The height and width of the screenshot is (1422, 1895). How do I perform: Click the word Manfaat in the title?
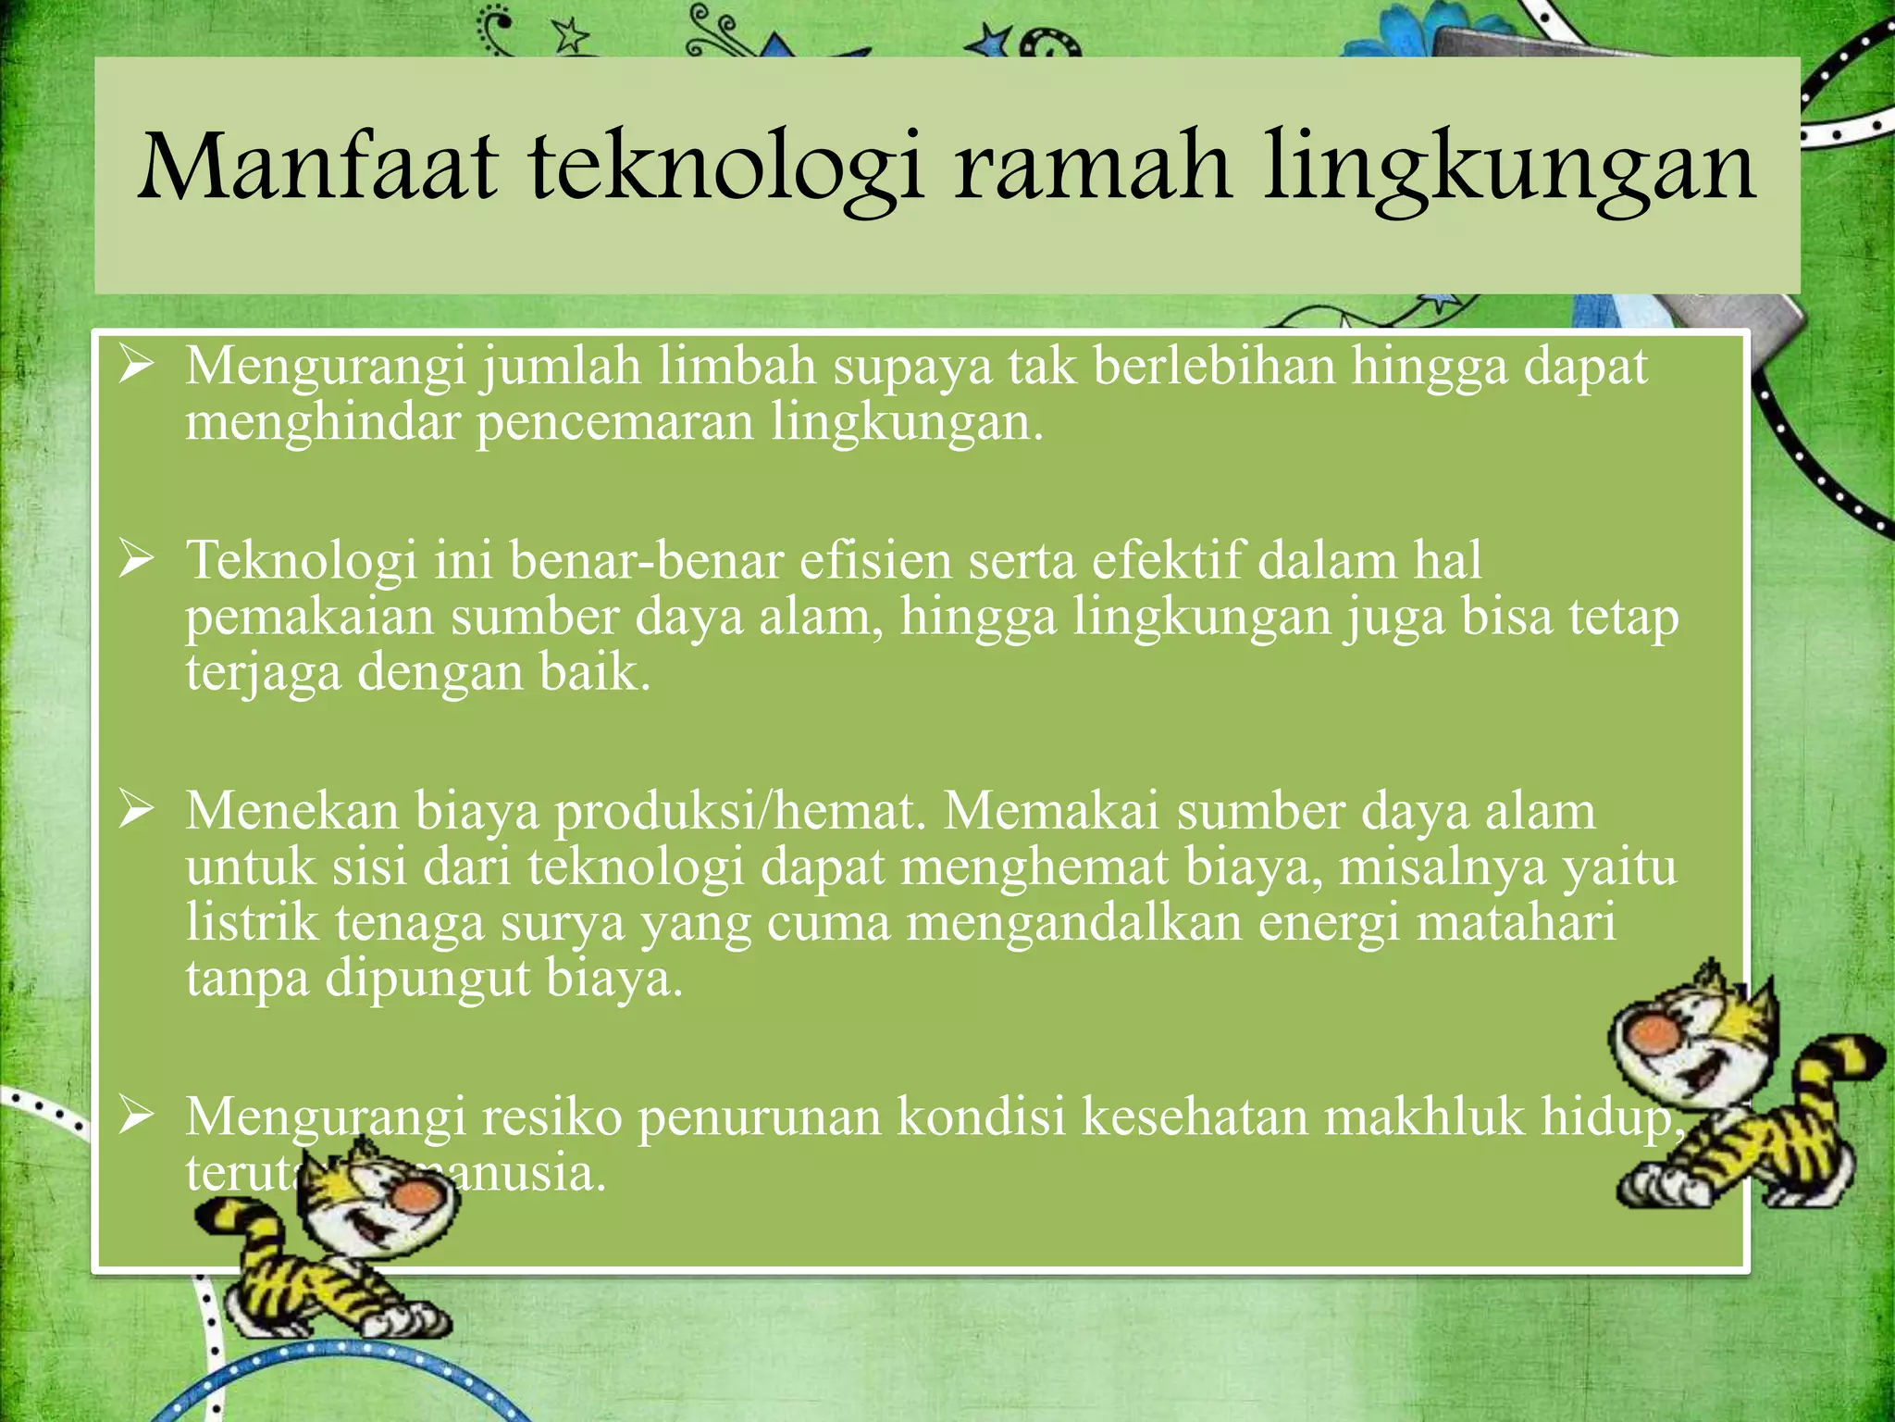(x=317, y=168)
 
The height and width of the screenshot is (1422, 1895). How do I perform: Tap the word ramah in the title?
(x=1092, y=168)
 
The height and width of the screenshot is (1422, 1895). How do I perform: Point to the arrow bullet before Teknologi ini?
(x=135, y=561)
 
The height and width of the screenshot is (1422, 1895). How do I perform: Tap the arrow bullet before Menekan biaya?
(x=135, y=811)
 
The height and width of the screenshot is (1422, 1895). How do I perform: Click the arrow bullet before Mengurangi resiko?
(x=135, y=1117)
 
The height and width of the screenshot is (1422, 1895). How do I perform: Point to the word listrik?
(x=252, y=923)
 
